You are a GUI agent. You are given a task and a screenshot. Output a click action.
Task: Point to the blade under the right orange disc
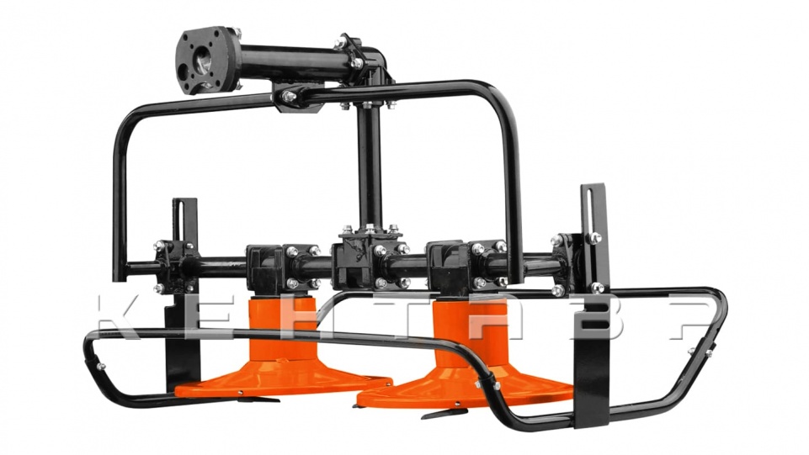pos(444,413)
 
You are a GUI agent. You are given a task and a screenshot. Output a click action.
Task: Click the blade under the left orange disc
pos(257,399)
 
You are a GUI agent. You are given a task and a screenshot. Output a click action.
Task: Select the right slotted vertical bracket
pos(593,304)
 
